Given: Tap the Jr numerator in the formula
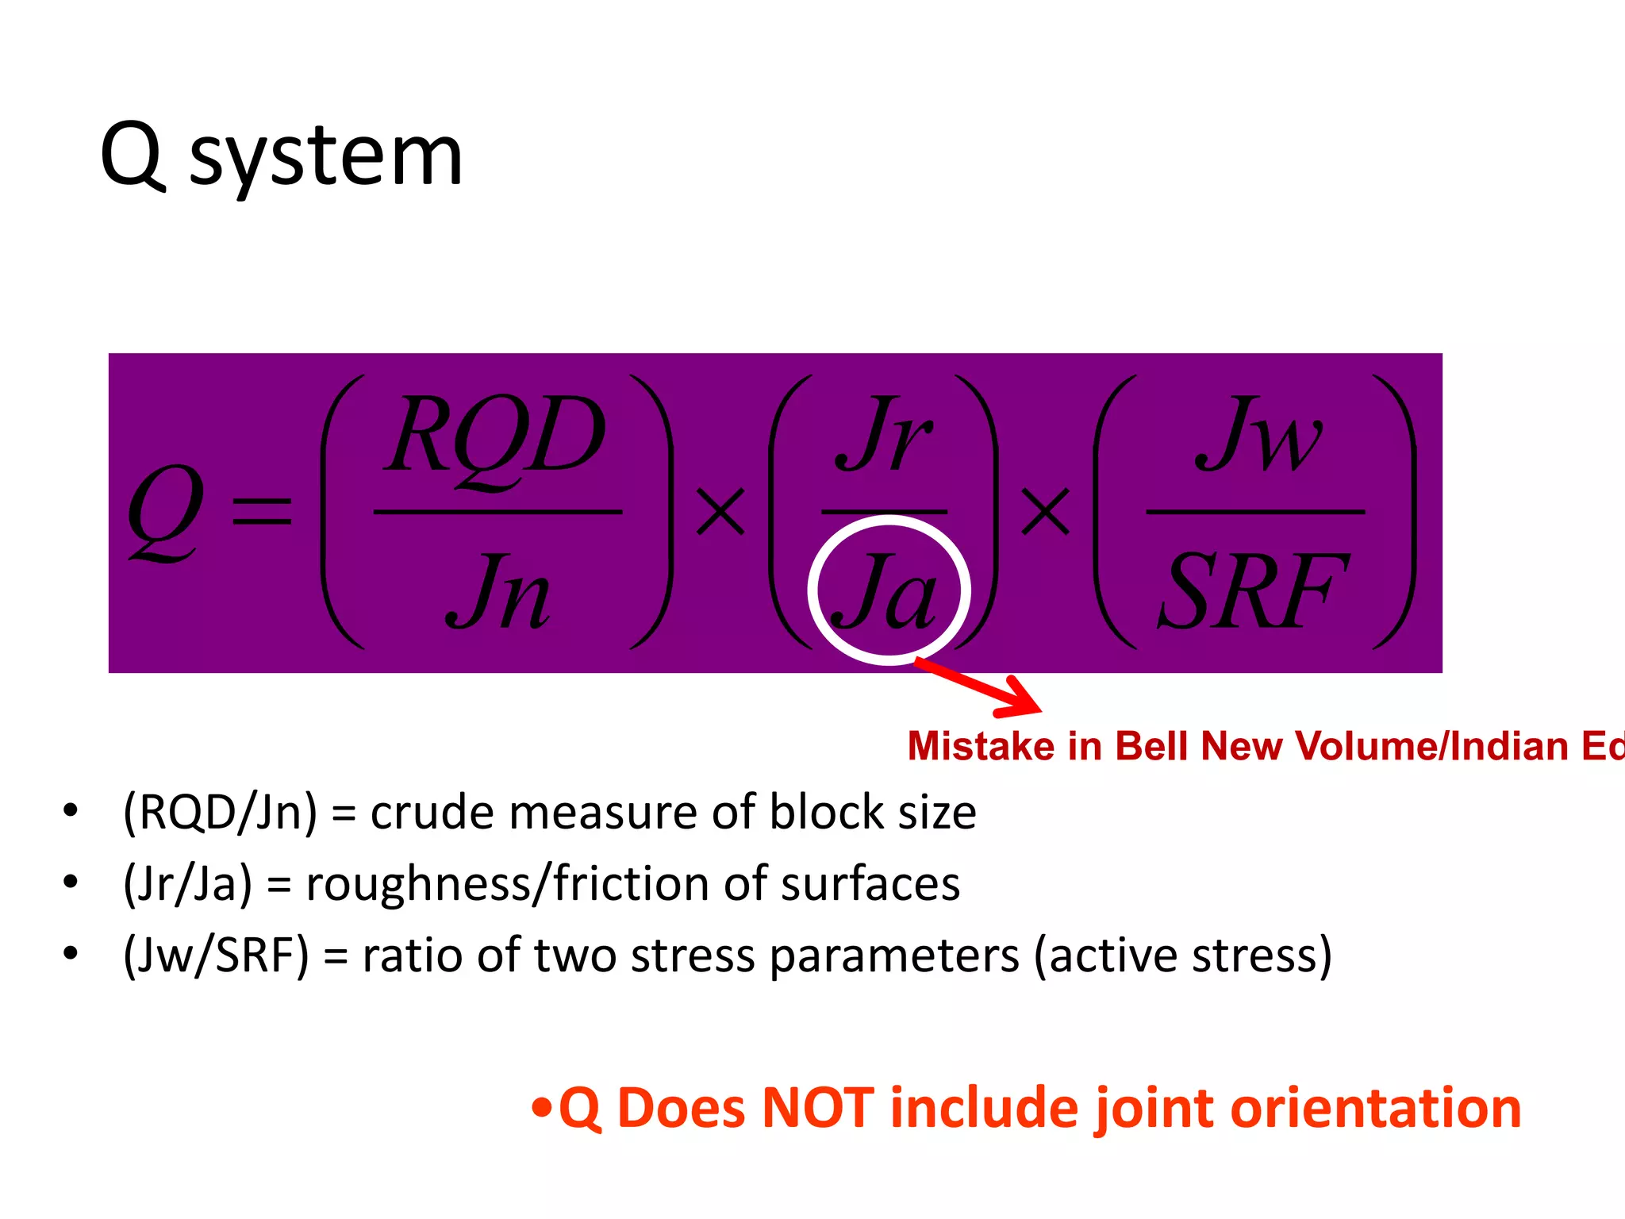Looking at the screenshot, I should coord(883,435).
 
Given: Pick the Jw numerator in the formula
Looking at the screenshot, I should coord(1257,435).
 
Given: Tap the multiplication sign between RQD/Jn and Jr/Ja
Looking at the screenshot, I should coord(720,512).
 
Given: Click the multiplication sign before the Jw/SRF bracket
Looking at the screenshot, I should coord(1045,512).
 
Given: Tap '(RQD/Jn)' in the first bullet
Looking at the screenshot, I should coord(220,813).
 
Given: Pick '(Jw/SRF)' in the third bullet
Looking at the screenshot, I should coord(216,956).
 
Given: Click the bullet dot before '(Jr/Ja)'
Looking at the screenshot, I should coord(71,881).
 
